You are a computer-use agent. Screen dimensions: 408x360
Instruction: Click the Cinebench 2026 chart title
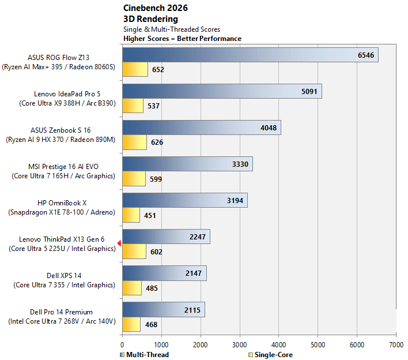156,8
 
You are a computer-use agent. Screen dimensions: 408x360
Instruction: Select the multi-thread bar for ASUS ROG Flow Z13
250,55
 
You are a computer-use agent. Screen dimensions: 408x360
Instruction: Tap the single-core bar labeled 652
135,69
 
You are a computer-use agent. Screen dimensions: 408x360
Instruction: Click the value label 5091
309,91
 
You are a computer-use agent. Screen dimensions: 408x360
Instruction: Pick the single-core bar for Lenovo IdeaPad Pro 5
133,106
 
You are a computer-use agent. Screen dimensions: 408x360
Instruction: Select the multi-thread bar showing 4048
202,127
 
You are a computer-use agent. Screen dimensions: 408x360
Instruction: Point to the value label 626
157,142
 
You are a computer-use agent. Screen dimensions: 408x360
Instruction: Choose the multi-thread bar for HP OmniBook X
185,200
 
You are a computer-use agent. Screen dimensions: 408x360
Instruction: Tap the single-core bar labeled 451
131,215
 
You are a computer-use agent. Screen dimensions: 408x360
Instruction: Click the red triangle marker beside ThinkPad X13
119,243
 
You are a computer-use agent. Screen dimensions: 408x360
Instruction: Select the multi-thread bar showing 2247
167,237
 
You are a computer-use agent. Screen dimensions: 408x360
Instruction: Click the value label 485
152,288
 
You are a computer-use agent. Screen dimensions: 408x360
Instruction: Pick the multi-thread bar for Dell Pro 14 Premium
164,309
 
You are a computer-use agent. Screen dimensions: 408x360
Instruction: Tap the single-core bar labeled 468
131,324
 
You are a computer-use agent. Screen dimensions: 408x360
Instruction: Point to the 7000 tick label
396,345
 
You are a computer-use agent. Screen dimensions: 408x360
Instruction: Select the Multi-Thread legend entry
145,355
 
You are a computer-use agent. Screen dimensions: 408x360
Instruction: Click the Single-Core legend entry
271,355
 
